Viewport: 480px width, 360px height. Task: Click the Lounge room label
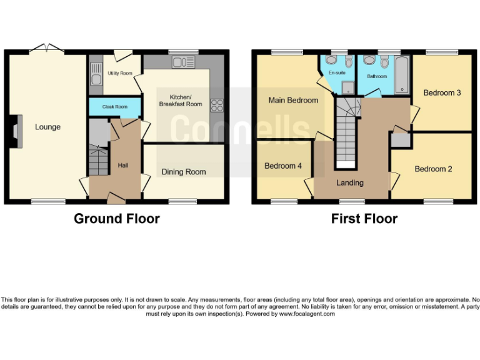[47, 127]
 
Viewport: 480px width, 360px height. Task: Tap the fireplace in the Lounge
[18, 131]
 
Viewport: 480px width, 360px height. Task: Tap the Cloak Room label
[115, 107]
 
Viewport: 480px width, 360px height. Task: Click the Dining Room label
[184, 172]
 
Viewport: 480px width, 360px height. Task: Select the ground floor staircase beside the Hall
[98, 161]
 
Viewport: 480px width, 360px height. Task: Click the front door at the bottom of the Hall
[115, 199]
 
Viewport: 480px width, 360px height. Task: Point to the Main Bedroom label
[293, 100]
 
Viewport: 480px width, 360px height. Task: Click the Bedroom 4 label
[282, 166]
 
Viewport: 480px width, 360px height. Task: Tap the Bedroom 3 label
[442, 93]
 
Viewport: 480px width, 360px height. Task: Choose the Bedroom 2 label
[433, 169]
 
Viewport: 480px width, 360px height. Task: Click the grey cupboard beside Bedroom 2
[400, 141]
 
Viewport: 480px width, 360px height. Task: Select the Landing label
[350, 182]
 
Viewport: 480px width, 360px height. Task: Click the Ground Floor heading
[116, 219]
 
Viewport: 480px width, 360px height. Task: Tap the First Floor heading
[364, 219]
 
